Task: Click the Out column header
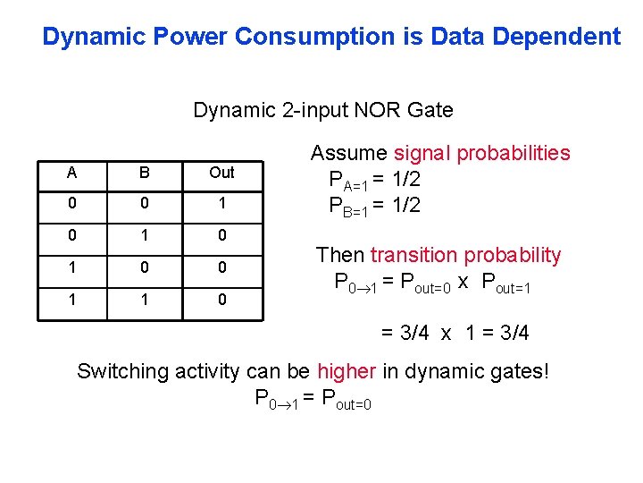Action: click(x=221, y=173)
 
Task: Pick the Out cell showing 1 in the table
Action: click(x=221, y=204)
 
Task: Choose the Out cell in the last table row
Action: click(x=221, y=300)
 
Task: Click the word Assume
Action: click(x=348, y=153)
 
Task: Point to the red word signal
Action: click(x=422, y=153)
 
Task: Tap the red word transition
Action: click(x=411, y=255)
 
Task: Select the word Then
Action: click(x=340, y=255)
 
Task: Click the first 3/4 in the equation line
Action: click(x=399, y=333)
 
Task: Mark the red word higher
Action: click(x=346, y=371)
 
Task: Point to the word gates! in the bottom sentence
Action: click(x=518, y=371)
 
